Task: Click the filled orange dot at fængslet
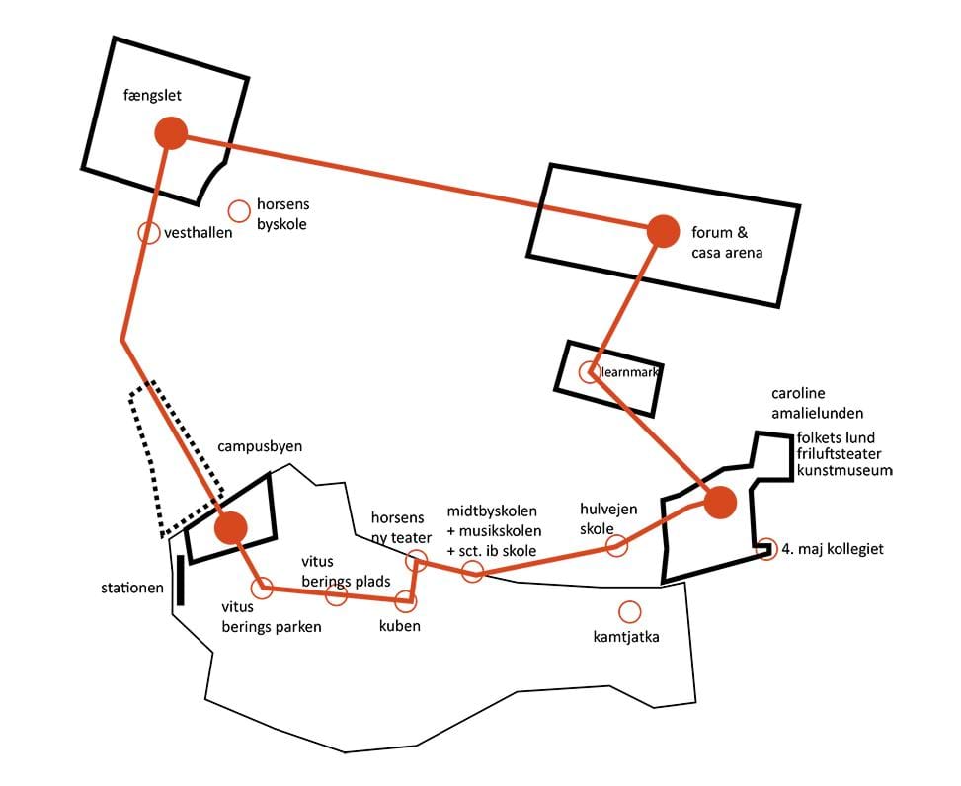[171, 133]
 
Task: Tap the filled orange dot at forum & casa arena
[663, 231]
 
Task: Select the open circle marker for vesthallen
[148, 233]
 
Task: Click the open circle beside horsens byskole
[239, 211]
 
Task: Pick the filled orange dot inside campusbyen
[232, 527]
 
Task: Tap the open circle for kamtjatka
[629, 611]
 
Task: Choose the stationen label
[133, 589]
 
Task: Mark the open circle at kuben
[404, 599]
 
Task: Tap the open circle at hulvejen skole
[617, 546]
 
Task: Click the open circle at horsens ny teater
[416, 563]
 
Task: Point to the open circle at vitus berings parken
[262, 589]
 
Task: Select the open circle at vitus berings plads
[336, 595]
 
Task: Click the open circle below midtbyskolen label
[472, 571]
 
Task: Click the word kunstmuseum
[844, 472]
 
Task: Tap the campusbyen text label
[254, 447]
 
